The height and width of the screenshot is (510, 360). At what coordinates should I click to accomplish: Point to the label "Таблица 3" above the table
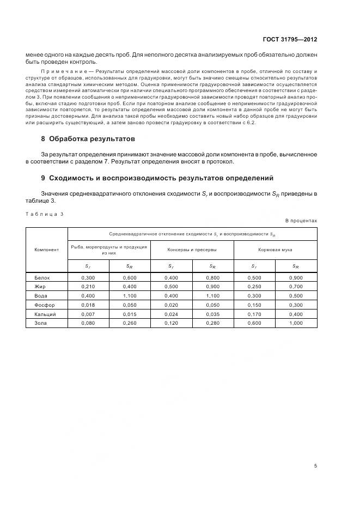(x=45, y=214)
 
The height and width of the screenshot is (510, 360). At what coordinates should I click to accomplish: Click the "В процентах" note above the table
(x=301, y=220)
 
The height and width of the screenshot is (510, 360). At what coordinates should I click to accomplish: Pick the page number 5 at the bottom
(x=315, y=465)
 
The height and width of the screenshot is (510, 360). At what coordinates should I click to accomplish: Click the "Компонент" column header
(x=47, y=250)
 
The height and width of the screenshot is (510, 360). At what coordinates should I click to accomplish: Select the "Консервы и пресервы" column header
(x=192, y=250)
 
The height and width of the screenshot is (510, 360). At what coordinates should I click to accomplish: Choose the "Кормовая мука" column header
(x=275, y=250)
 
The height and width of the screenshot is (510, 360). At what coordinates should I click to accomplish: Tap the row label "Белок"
(x=42, y=277)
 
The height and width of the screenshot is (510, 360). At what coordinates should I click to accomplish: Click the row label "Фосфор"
(x=44, y=305)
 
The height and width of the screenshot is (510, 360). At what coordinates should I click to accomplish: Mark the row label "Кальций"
(x=45, y=314)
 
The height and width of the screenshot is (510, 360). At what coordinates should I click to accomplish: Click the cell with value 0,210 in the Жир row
(x=88, y=287)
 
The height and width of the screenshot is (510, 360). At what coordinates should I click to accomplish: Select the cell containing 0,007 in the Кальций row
(x=88, y=314)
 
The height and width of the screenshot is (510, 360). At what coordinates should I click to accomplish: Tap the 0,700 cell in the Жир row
(x=296, y=287)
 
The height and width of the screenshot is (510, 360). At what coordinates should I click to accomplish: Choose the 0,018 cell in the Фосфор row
(x=88, y=305)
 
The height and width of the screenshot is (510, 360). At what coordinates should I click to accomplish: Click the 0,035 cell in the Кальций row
(x=212, y=314)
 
